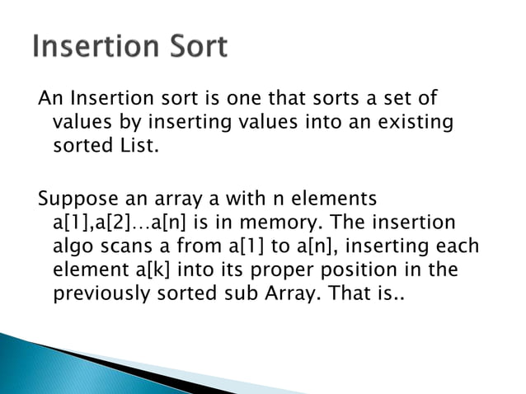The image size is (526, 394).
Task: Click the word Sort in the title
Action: (x=190, y=48)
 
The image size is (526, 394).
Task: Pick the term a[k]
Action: (x=158, y=270)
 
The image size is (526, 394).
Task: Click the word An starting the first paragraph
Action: (x=50, y=100)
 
